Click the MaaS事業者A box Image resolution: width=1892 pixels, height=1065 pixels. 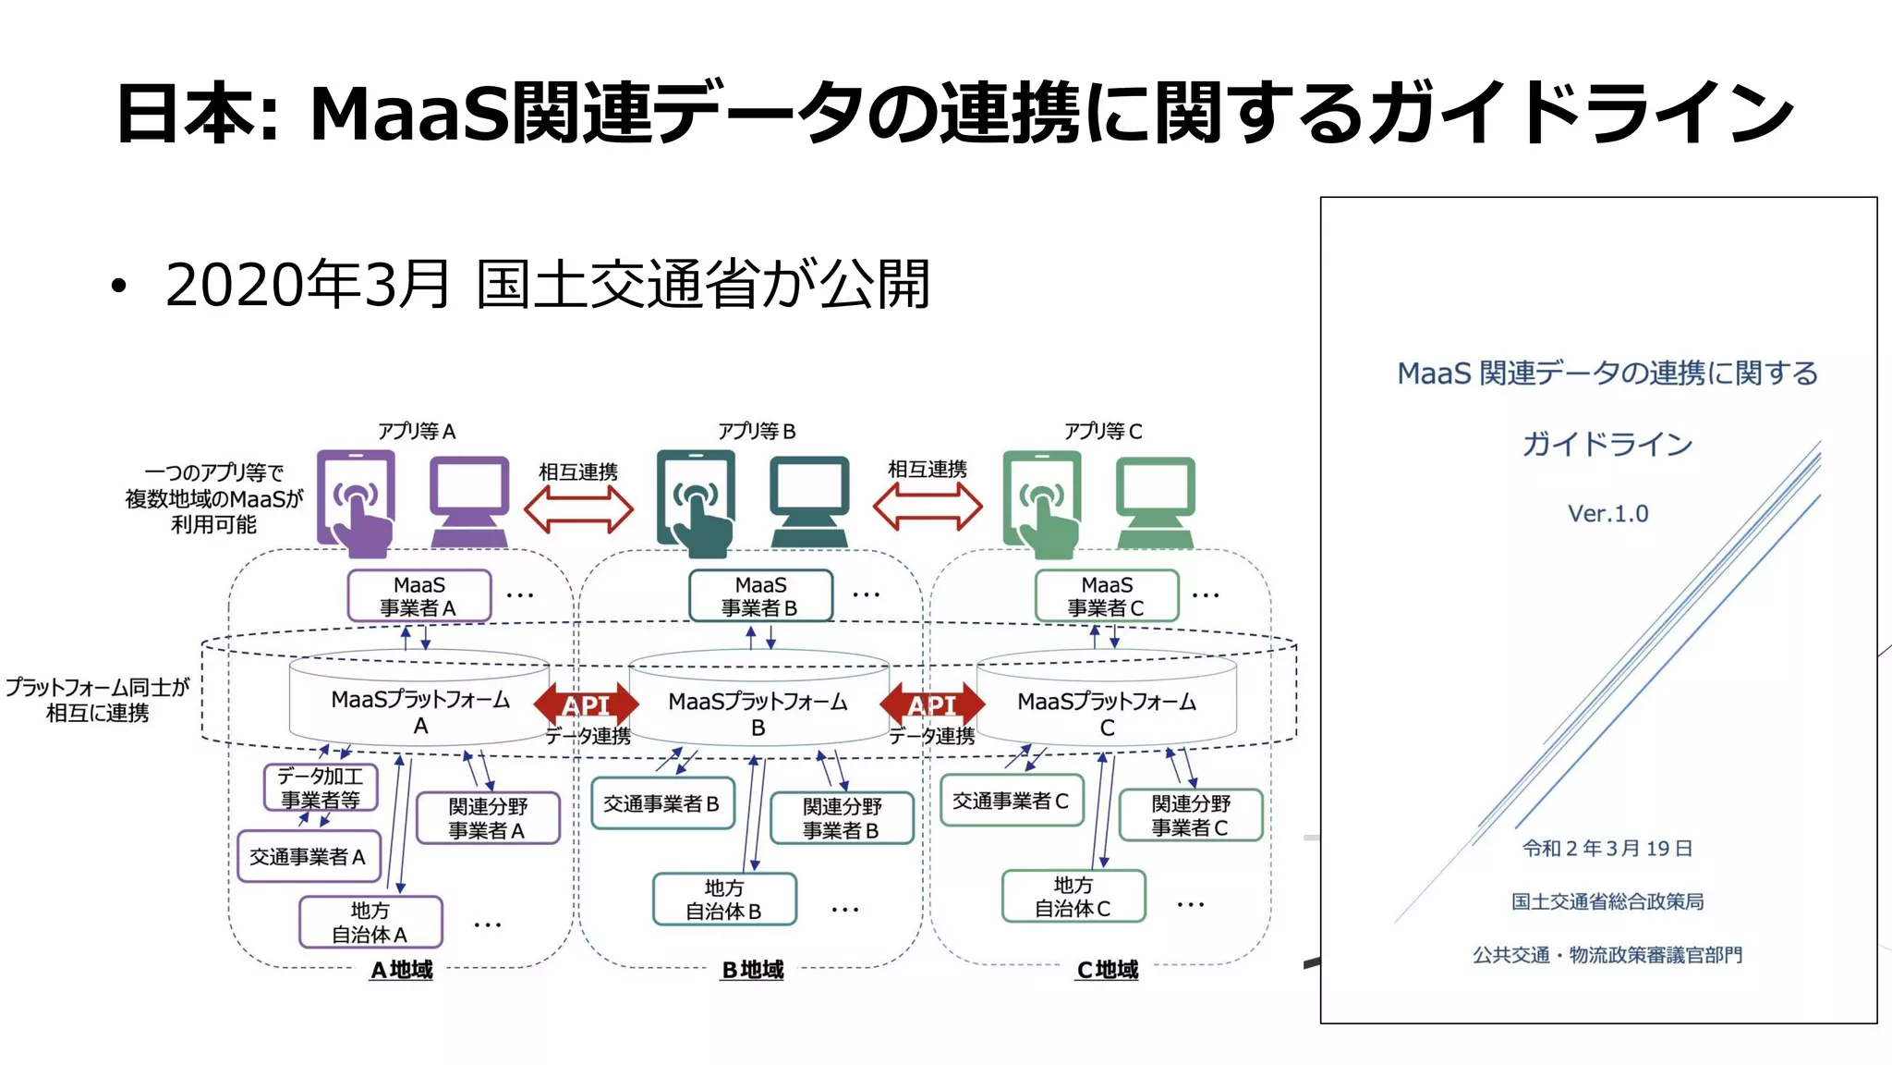[418, 596]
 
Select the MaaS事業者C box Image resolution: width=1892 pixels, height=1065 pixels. [1106, 596]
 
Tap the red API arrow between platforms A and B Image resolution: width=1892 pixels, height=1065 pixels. [586, 705]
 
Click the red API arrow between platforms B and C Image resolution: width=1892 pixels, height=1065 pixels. [932, 705]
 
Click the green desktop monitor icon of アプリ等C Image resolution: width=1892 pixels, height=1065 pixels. [1155, 500]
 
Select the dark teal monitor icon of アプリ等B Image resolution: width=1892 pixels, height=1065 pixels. [809, 500]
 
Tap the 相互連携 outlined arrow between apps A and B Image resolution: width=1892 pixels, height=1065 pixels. [578, 509]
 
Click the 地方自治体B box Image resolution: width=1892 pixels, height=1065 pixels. [724, 900]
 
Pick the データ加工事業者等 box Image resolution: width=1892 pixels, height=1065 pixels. [321, 788]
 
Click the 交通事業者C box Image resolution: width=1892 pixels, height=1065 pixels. [1011, 801]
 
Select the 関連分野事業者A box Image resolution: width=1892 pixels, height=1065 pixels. [488, 818]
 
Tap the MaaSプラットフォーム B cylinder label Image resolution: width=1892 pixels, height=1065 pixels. [758, 714]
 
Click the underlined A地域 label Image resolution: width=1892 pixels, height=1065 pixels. [401, 970]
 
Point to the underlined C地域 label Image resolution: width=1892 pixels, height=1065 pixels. [1107, 970]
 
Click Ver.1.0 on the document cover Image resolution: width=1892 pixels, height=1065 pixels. [1607, 513]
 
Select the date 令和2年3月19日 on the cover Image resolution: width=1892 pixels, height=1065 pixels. [1607, 848]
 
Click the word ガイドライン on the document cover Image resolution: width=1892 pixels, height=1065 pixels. [1607, 444]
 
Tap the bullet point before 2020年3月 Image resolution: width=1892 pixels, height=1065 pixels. [117, 286]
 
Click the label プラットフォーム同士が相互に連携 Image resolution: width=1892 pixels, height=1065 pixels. [98, 700]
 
